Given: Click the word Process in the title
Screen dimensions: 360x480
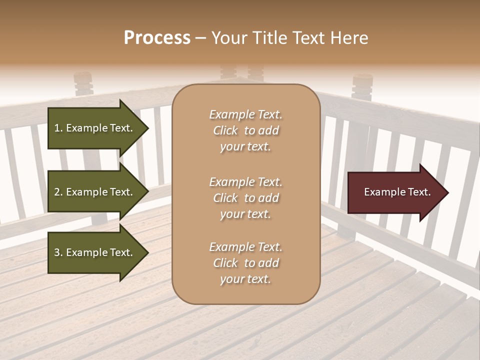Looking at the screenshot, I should point(157,38).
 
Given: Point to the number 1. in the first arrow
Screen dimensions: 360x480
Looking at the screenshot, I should point(58,128).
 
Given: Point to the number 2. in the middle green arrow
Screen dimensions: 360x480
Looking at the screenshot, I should point(58,192).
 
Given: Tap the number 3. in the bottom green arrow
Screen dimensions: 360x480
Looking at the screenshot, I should point(58,252).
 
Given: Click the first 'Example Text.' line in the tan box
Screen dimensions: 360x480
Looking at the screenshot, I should point(245,114).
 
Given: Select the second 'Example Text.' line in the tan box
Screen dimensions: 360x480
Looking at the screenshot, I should point(245,182).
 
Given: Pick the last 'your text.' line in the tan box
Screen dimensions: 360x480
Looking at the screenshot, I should point(245,279).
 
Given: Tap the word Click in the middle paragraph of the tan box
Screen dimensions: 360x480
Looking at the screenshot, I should point(225,198).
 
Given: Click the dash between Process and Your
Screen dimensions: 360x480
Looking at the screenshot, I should point(201,38).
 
